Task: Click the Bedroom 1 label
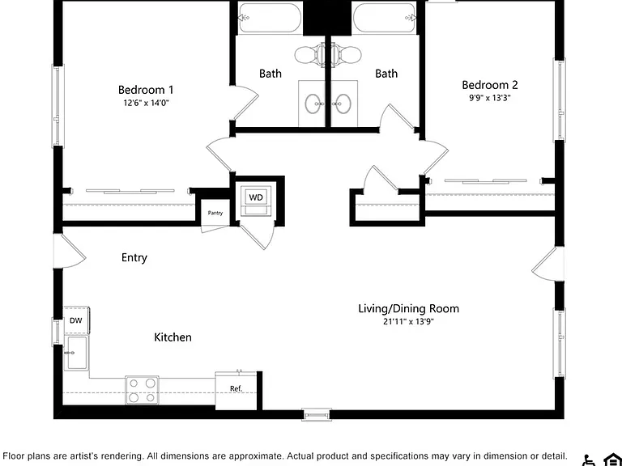click(x=146, y=90)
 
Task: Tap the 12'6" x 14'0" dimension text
click(x=146, y=103)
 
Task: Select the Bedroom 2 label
click(x=489, y=85)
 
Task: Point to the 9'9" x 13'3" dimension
click(x=490, y=98)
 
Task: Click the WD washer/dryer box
click(x=256, y=197)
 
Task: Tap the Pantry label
click(x=215, y=214)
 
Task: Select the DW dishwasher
click(x=76, y=320)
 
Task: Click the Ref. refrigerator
click(x=236, y=390)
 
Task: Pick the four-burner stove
click(x=142, y=390)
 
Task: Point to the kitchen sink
click(x=76, y=353)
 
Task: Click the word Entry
click(x=134, y=257)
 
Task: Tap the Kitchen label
click(x=173, y=337)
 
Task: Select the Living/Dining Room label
click(x=408, y=309)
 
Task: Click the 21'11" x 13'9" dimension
click(x=408, y=321)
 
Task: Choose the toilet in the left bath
click(x=309, y=55)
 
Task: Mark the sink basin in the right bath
click(x=342, y=104)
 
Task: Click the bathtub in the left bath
click(x=271, y=18)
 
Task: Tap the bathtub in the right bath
click(x=385, y=18)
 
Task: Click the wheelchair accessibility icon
click(x=590, y=460)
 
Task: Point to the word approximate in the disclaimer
click(x=257, y=456)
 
